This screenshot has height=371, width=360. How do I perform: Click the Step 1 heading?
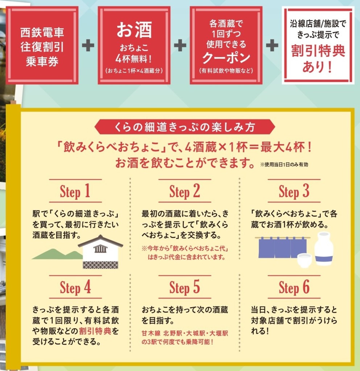[x=75, y=191]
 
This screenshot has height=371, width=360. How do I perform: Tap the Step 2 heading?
[x=185, y=191]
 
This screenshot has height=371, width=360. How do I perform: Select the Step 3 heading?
[x=294, y=191]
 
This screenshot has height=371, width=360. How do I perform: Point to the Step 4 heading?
[x=75, y=287]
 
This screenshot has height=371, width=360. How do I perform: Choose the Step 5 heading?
[x=185, y=287]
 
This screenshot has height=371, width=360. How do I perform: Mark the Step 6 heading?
[x=294, y=287]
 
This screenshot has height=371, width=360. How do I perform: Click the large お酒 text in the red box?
[x=134, y=30]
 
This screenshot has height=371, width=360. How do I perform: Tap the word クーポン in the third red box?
[x=226, y=58]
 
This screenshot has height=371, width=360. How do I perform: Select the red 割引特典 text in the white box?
[x=318, y=51]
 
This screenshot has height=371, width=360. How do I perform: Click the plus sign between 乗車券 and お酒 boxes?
[x=88, y=45]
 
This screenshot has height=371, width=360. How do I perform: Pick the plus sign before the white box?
[x=272, y=45]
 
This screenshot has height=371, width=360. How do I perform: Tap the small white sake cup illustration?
[x=305, y=260]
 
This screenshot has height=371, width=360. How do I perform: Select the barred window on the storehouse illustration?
[x=100, y=249]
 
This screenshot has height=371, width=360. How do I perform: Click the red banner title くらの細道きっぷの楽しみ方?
[x=185, y=127]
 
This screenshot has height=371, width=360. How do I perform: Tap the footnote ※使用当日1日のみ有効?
[x=284, y=164]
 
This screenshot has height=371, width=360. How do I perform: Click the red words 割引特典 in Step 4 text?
[x=95, y=331]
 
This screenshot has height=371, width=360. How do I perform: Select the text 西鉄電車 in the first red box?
[x=42, y=32]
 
